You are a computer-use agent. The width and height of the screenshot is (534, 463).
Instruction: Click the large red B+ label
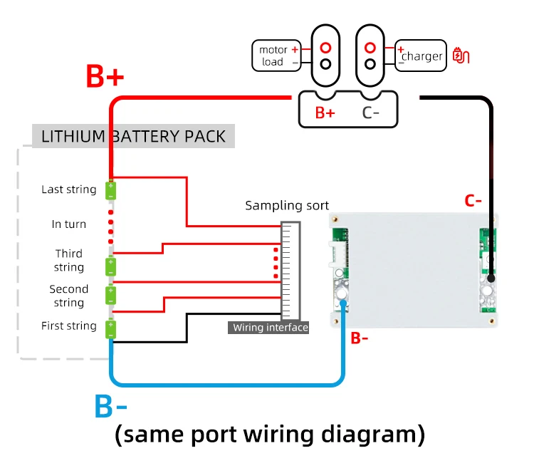tap(105, 76)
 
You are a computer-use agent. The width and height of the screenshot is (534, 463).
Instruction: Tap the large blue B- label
tap(111, 407)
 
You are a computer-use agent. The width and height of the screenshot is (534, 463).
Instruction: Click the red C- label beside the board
tap(473, 201)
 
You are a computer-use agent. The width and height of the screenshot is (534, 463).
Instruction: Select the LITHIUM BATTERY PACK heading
tap(133, 136)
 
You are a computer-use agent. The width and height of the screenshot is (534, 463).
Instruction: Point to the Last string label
tap(68, 189)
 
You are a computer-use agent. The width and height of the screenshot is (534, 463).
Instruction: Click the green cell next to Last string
tap(111, 191)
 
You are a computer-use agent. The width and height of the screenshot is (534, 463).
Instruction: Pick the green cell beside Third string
tap(111, 266)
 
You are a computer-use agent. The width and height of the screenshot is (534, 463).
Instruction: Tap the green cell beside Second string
tap(111, 294)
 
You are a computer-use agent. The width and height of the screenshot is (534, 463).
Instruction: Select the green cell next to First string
tap(111, 329)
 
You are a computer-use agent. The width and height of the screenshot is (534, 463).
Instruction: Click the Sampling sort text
tap(287, 206)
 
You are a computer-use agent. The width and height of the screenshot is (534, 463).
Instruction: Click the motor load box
tap(272, 56)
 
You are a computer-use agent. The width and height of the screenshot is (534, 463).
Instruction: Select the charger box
tap(422, 56)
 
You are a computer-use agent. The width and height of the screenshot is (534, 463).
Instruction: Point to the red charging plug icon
tap(461, 56)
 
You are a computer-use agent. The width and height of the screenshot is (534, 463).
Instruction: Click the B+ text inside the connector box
tap(325, 113)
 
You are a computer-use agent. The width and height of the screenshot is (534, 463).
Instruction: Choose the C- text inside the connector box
tap(370, 113)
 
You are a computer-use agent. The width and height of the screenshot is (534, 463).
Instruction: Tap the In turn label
tap(69, 224)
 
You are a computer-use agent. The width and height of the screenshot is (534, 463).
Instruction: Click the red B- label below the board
tap(360, 338)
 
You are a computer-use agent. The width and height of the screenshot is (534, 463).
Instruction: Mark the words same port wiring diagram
tap(270, 434)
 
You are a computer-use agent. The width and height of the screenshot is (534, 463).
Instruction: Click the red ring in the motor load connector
tap(325, 48)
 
